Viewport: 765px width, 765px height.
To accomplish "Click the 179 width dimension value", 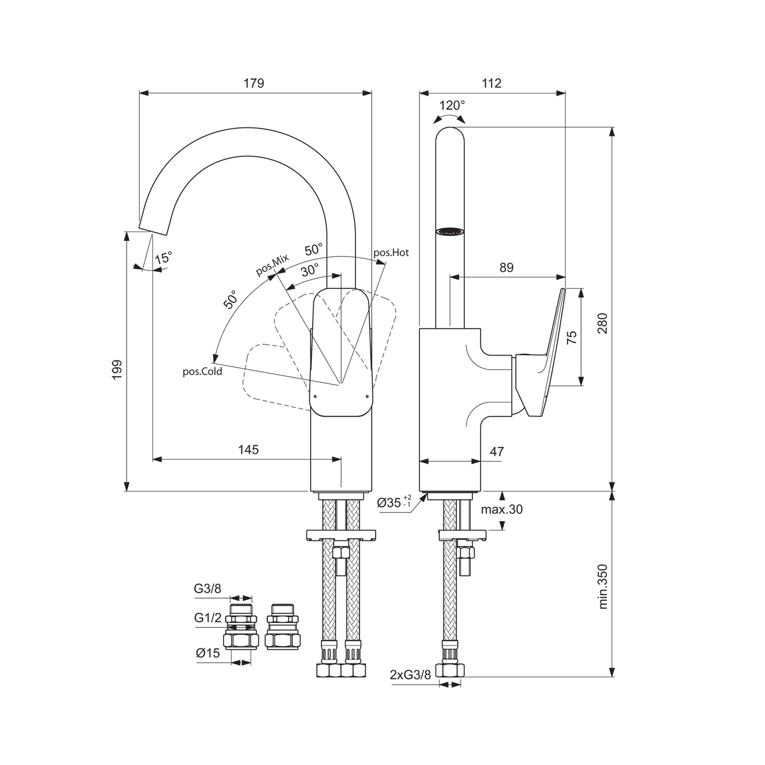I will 254,83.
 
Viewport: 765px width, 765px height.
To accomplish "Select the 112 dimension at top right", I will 492,83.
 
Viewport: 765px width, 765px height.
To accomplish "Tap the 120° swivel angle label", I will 452,106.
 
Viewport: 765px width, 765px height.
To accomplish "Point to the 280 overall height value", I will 602,324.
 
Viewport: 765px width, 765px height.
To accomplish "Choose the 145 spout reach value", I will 248,450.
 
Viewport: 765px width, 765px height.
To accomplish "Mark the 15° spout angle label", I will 163,258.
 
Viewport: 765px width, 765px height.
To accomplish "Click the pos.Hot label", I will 391,252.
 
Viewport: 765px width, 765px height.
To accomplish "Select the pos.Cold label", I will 202,372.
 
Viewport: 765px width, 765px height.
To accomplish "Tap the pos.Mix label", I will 272,265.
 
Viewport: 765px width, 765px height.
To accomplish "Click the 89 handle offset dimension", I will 506,268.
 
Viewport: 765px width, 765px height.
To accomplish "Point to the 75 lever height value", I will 572,337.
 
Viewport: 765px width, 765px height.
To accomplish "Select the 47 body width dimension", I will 497,451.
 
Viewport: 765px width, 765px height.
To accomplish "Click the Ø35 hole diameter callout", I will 389,503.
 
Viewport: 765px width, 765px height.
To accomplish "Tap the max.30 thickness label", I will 502,509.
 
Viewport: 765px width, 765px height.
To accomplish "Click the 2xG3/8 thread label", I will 410,675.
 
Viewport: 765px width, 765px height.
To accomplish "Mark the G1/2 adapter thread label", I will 208,618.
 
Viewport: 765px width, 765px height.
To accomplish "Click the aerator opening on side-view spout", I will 449,232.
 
